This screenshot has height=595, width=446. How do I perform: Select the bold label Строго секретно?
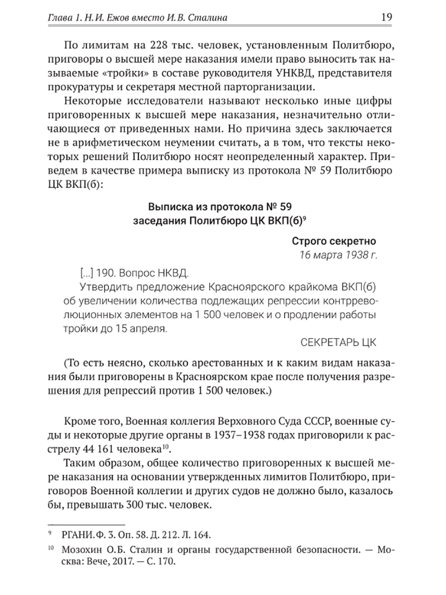pyautogui.click(x=334, y=241)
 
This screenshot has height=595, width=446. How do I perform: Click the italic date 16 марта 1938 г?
pyautogui.click(x=338, y=256)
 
